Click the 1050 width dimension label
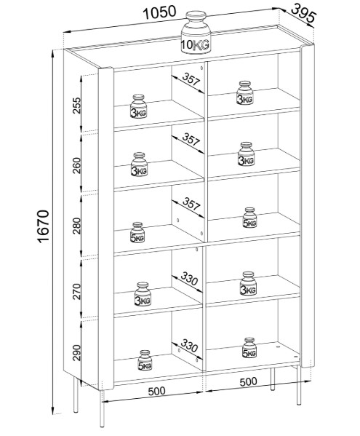point(159,13)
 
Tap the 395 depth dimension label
point(303,13)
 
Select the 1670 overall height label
point(44,226)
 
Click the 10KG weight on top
point(196,33)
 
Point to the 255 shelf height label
point(76,106)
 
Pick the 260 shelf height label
point(76,165)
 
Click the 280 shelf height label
point(76,226)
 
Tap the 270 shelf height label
point(76,291)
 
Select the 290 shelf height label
point(76,352)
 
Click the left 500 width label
point(156,391)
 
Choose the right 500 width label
point(248,382)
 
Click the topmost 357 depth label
point(191,79)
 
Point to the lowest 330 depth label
point(189,345)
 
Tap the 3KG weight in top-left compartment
point(138,106)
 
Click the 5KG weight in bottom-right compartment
point(249,348)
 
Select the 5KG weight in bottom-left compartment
point(145,360)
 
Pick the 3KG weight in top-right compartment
point(245,93)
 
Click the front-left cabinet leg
point(103,408)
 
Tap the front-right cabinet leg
point(299,385)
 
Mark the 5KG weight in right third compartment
point(249,218)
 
